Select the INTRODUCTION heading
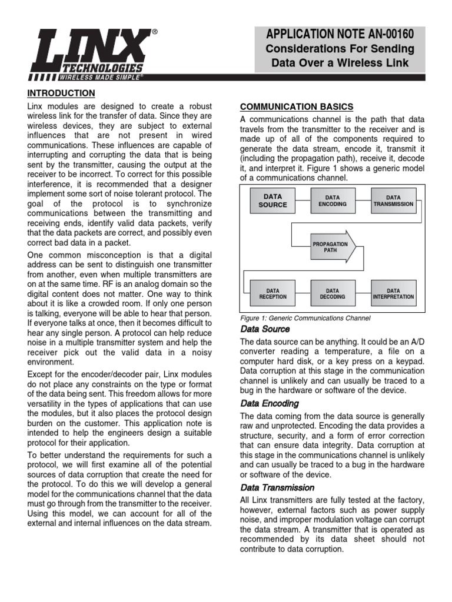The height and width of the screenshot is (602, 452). coord(61,93)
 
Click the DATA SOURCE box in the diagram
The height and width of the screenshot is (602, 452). coord(272,201)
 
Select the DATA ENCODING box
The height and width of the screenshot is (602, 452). coord(333,201)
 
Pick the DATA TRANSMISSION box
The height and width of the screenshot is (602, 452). coord(393,201)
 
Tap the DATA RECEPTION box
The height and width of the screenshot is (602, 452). coord(272,293)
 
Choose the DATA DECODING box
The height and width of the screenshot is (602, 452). coord(333,293)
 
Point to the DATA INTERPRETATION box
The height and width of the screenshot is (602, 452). coord(393,293)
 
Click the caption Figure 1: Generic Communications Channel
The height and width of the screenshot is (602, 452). coord(305,318)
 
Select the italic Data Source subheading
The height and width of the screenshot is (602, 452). coord(265,329)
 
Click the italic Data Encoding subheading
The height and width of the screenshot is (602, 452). coord(270,403)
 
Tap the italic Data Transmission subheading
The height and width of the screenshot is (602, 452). coord(277,487)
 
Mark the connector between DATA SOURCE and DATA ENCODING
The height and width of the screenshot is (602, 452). coord(303,201)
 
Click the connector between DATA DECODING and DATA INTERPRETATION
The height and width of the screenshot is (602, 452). coord(363,293)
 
